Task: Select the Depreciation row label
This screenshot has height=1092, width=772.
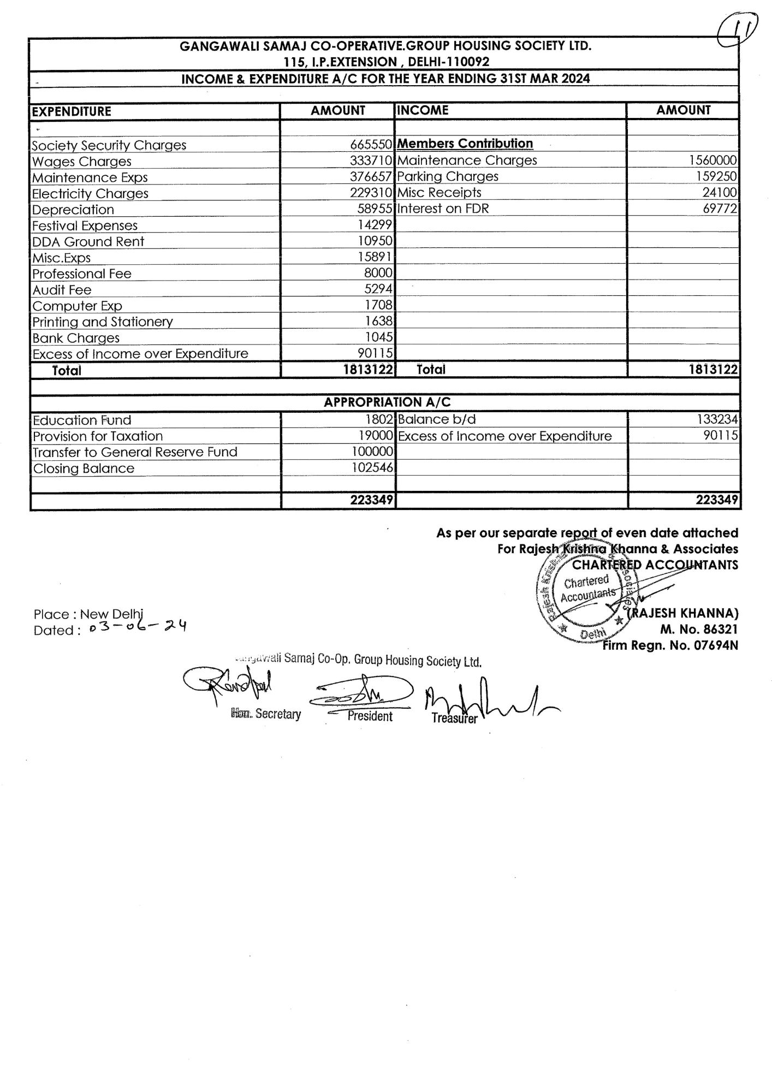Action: pyautogui.click(x=73, y=210)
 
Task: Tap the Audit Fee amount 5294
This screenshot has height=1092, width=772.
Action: pyautogui.click(x=378, y=289)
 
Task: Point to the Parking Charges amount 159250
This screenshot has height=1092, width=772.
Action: pyautogui.click(x=712, y=176)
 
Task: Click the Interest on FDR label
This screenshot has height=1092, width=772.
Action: pyautogui.click(x=443, y=209)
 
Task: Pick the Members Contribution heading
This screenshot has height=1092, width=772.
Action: pyautogui.click(x=465, y=144)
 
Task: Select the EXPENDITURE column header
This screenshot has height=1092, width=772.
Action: pyautogui.click(x=72, y=112)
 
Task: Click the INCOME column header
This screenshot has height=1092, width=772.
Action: pyautogui.click(x=423, y=110)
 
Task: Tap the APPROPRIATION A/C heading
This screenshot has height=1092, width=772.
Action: pyautogui.click(x=387, y=402)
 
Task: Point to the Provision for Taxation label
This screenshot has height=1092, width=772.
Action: pyautogui.click(x=98, y=436)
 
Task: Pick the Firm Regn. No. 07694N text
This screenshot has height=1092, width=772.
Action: pyautogui.click(x=670, y=645)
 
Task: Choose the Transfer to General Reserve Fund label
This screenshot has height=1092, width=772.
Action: pyautogui.click(x=135, y=452)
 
